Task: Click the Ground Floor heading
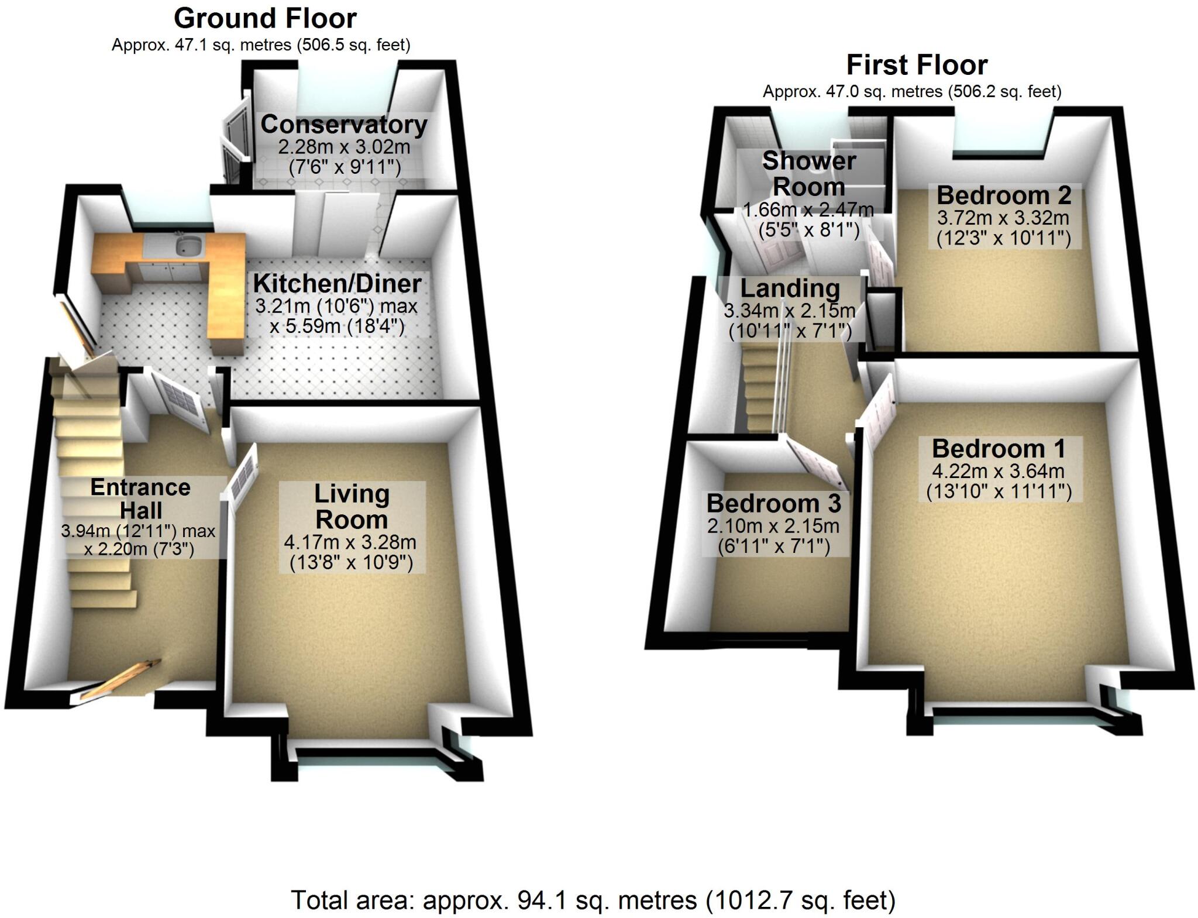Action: [265, 19]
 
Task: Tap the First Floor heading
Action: [917, 65]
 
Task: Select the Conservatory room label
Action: [343, 125]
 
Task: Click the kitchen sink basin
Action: [188, 246]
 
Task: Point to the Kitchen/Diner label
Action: [337, 284]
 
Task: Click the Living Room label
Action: [352, 507]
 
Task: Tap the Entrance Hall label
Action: [140, 498]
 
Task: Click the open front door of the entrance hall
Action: [120, 680]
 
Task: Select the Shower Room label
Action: [809, 174]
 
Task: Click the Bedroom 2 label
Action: [1004, 195]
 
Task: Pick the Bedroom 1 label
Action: [999, 449]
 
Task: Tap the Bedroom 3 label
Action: [773, 503]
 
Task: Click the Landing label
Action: [790, 288]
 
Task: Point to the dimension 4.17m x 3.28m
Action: [350, 542]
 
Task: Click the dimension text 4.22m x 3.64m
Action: [999, 471]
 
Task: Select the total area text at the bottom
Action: [593, 900]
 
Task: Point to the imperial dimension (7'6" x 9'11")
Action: [345, 167]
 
